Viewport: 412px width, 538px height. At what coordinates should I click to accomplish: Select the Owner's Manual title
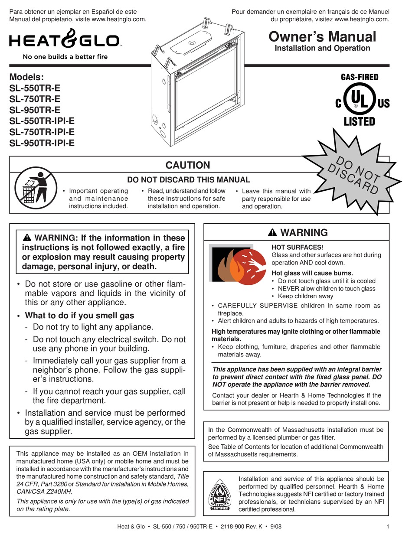point(322,36)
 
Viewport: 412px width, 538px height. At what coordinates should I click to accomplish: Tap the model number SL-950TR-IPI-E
point(42,142)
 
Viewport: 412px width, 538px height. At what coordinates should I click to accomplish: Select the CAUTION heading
point(188,165)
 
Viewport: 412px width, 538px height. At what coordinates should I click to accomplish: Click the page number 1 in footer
point(386,527)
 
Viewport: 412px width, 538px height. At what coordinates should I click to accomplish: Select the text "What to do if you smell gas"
point(79,315)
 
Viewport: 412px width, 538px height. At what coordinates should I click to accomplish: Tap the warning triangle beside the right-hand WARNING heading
point(272,232)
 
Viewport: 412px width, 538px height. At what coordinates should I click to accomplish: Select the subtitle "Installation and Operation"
point(322,49)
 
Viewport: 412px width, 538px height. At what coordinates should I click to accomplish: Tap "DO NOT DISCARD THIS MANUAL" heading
point(188,179)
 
